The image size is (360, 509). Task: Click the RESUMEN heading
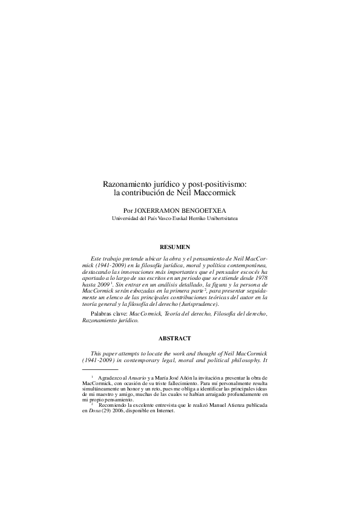(x=174, y=247)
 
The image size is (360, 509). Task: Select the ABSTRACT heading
(x=174, y=338)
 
